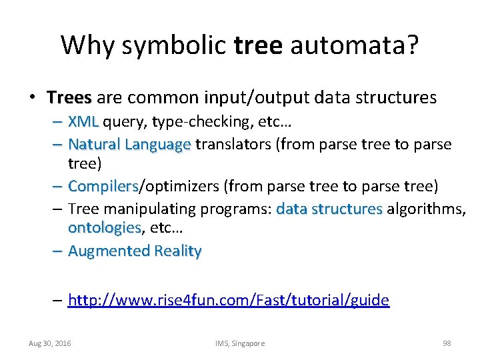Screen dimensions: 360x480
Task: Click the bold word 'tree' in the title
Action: pos(259,45)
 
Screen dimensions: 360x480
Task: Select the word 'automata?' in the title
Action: pos(353,45)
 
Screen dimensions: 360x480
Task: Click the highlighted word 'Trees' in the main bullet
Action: pos(69,98)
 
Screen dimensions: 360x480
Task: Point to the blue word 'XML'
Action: pos(83,122)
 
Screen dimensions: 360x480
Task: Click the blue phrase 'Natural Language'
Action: pos(129,144)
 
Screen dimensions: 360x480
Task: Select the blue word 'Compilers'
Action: pos(103,186)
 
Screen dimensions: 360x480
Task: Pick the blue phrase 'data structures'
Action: pos(329,209)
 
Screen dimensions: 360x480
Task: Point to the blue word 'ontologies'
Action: pos(105,228)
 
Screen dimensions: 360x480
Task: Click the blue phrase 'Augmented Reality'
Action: pos(135,251)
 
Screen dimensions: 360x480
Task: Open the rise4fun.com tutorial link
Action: pos(229,300)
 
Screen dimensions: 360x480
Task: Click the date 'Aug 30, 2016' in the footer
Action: pos(50,343)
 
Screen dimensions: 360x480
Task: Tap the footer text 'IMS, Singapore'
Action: pos(240,343)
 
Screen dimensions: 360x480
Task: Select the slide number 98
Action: pos(447,343)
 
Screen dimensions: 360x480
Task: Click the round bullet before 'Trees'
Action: pos(31,99)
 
